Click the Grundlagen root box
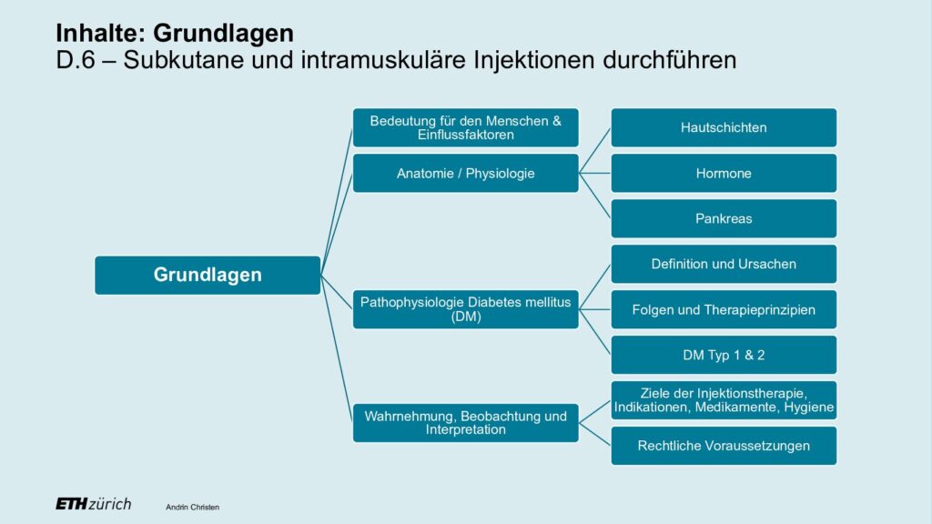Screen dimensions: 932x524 tap(208, 275)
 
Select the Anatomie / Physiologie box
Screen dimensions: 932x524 tap(465, 174)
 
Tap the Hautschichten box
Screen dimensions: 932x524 tap(724, 127)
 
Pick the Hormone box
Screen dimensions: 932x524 tap(724, 174)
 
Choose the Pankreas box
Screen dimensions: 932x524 tap(724, 218)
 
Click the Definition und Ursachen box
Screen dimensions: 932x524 tap(724, 264)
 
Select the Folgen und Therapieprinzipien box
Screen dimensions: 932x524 tap(724, 309)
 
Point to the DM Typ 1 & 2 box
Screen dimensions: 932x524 tap(724, 355)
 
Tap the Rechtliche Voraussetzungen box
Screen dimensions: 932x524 tap(724, 446)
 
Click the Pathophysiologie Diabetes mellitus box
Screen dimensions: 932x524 tap(465, 309)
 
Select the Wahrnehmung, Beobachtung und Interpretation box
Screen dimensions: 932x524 tap(465, 423)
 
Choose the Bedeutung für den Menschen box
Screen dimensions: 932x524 tap(465, 127)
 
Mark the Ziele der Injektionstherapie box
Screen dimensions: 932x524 tap(724, 400)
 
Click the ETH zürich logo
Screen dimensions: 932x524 tap(94, 504)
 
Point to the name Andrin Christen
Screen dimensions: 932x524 tap(193, 508)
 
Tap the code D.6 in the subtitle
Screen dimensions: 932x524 tap(76, 60)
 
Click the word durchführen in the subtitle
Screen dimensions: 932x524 tap(670, 60)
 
